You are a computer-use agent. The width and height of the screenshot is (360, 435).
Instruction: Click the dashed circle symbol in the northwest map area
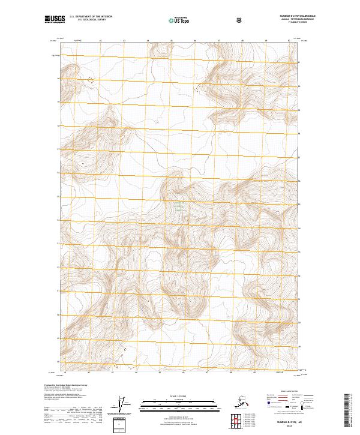click(x=91, y=79)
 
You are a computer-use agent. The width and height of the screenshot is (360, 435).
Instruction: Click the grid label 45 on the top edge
click(x=172, y=40)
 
